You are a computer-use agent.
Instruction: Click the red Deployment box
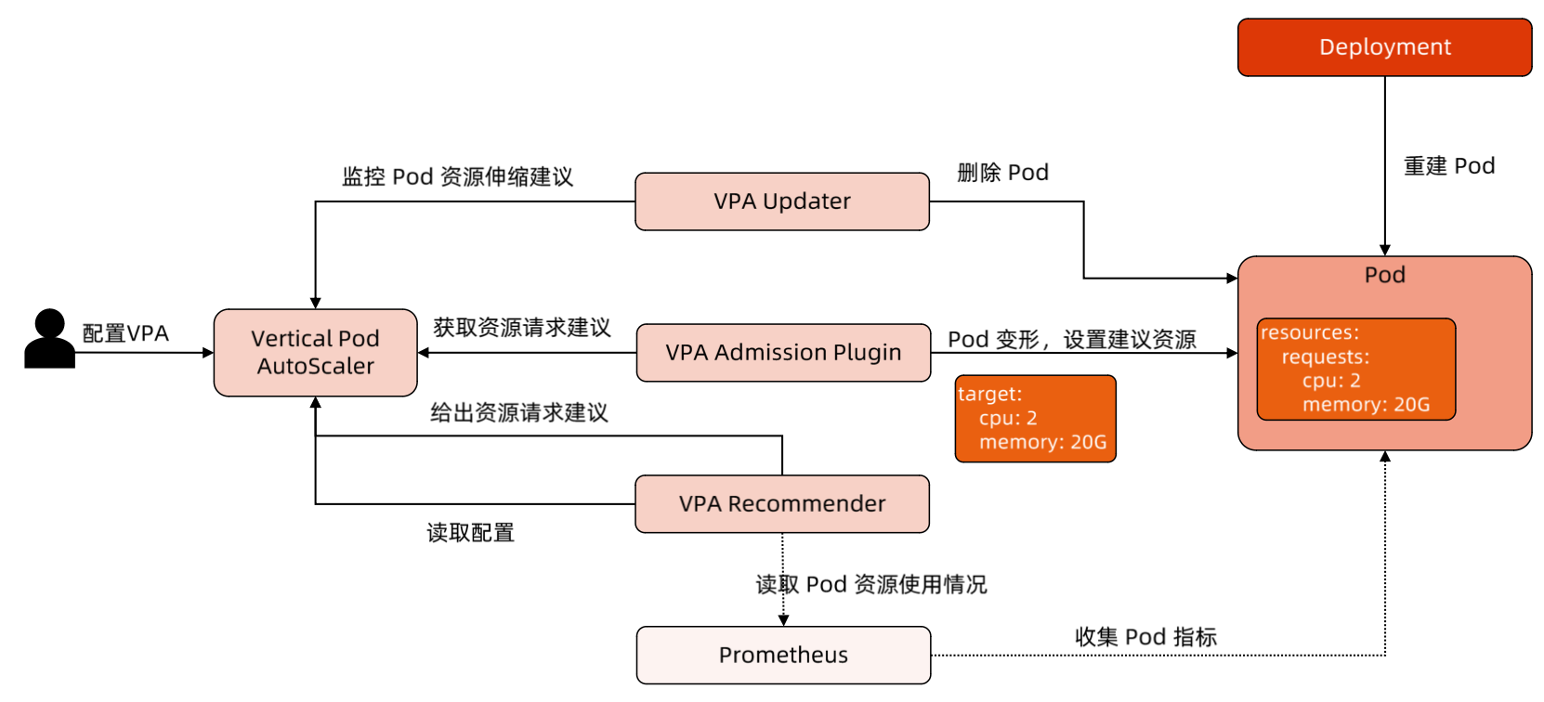(x=1384, y=47)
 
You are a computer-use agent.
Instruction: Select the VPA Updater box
(x=782, y=201)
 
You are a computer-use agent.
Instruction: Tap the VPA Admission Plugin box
(x=783, y=353)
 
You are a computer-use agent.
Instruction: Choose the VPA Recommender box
(x=782, y=504)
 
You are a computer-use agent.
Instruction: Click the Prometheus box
(x=783, y=656)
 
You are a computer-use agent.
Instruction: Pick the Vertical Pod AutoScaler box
(x=316, y=353)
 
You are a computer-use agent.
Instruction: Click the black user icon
(x=49, y=339)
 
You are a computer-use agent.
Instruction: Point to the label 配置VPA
(x=125, y=333)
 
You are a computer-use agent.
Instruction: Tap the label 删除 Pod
(x=1002, y=173)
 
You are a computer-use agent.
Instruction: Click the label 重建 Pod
(x=1448, y=166)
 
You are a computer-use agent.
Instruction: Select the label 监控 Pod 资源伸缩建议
(x=457, y=176)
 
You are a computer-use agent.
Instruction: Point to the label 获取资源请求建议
(x=521, y=328)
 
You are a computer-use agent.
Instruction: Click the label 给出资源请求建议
(x=518, y=413)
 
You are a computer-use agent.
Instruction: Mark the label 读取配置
(x=470, y=533)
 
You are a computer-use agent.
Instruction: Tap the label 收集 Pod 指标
(x=1145, y=637)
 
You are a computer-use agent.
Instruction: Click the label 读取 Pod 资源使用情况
(x=871, y=585)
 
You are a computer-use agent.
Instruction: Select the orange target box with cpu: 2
(x=1035, y=419)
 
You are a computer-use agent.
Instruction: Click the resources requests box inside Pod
(x=1355, y=370)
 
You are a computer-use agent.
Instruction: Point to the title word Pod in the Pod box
(x=1384, y=275)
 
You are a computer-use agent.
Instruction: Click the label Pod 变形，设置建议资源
(x=1071, y=340)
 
